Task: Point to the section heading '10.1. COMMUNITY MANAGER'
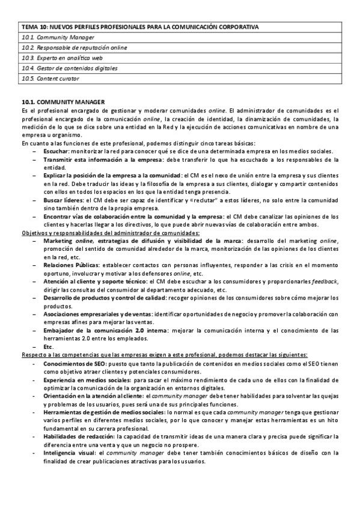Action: pyautogui.click(x=63, y=102)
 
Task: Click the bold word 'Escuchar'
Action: pyautogui.click(x=55, y=151)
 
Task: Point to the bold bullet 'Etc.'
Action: pyautogui.click(x=49, y=346)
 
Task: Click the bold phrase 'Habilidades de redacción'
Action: pyautogui.click(x=79, y=436)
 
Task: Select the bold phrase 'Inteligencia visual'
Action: pyautogui.click(x=70, y=453)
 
